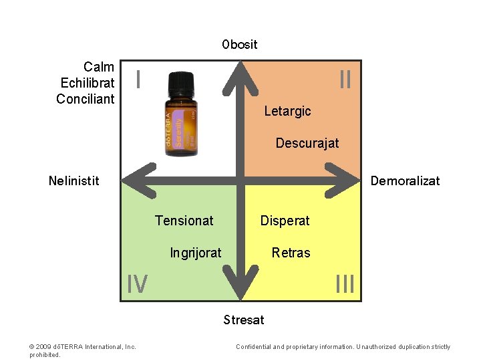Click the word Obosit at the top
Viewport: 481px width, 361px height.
click(240, 45)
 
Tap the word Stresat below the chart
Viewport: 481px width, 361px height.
click(244, 320)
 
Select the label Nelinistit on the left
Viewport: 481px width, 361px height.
click(74, 180)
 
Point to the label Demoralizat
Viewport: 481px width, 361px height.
click(405, 180)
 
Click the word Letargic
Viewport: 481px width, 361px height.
click(287, 111)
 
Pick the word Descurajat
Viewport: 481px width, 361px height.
click(307, 143)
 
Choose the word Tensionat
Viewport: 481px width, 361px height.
click(184, 221)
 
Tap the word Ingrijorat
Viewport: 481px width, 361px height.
click(196, 253)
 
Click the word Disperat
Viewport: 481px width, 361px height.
click(285, 221)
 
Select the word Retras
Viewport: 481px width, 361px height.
click(291, 253)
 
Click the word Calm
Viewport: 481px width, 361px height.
click(99, 67)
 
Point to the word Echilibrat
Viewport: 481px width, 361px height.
click(88, 83)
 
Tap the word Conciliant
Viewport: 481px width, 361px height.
click(86, 99)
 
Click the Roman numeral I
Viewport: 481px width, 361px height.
click(138, 80)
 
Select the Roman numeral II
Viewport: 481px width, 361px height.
click(345, 80)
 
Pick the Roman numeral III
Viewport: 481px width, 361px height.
click(345, 285)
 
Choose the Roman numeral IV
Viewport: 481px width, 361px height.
click(138, 285)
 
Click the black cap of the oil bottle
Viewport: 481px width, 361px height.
click(181, 84)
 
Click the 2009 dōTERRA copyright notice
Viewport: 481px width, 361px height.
click(83, 347)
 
